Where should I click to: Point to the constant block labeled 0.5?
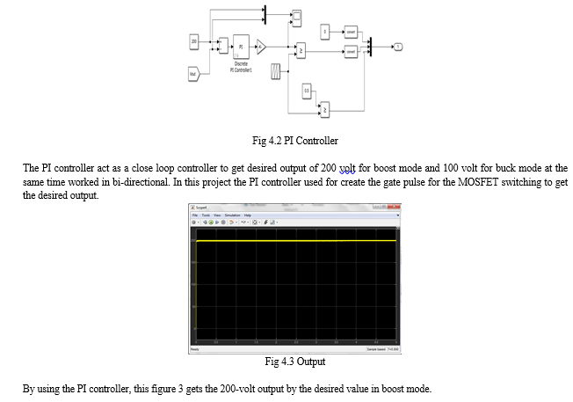click(x=307, y=91)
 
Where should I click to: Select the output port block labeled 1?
click(x=397, y=46)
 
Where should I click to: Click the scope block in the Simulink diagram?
click(x=297, y=16)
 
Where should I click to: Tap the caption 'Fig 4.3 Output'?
click(x=294, y=362)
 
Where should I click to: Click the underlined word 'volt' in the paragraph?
click(x=349, y=167)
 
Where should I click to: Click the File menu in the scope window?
click(x=193, y=214)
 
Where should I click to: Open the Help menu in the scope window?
click(x=248, y=214)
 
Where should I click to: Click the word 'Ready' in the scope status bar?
click(x=195, y=349)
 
